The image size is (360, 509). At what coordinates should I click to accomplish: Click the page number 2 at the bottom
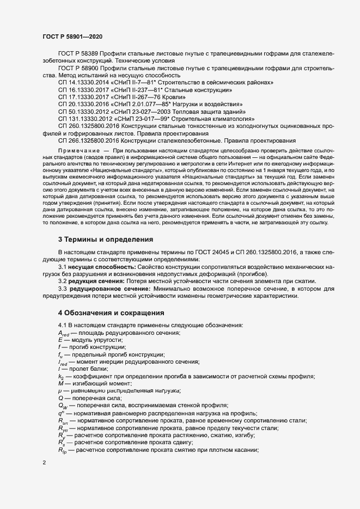(44, 463)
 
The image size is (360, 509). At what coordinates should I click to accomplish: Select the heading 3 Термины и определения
(101, 240)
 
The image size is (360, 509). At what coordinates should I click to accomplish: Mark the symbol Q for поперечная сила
(60, 398)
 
